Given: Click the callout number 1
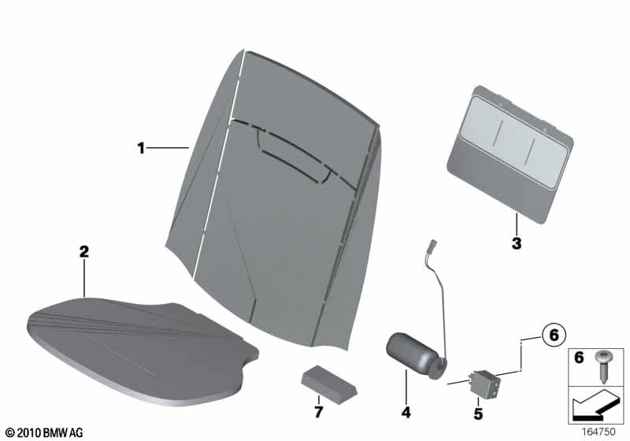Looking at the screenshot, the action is tap(141, 148).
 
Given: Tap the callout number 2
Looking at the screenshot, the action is tap(84, 252).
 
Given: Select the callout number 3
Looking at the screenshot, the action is tap(517, 243).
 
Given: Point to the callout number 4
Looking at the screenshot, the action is tap(406, 412).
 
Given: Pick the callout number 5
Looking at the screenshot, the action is tap(478, 413).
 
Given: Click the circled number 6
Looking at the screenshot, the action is tap(554, 335).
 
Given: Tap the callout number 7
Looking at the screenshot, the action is tap(318, 412).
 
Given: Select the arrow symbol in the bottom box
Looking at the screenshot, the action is tap(595, 406).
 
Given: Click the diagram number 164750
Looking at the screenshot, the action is tap(598, 432).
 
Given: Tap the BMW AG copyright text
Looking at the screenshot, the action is tap(44, 432).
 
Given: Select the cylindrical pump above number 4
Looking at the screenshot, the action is tap(416, 355).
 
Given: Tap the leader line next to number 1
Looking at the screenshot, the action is tap(168, 148).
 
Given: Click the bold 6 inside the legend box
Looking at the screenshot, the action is tap(579, 357).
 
